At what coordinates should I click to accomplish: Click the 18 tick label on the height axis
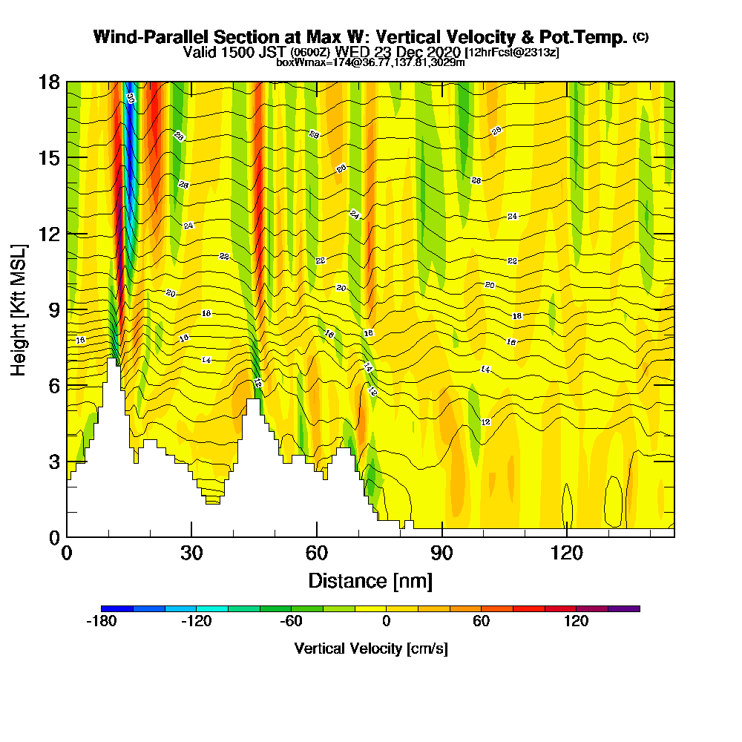(x=49, y=82)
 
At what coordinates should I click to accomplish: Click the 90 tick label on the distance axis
(x=442, y=553)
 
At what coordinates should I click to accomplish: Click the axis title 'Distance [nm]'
(x=370, y=580)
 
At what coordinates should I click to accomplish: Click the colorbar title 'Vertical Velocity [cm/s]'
(x=370, y=649)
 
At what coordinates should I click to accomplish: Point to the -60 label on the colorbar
(x=291, y=622)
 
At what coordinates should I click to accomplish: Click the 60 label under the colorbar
(x=481, y=622)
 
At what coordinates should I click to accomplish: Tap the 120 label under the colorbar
(x=576, y=622)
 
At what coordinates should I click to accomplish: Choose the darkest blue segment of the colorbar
(x=117, y=608)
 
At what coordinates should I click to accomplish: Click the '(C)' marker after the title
(x=640, y=37)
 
